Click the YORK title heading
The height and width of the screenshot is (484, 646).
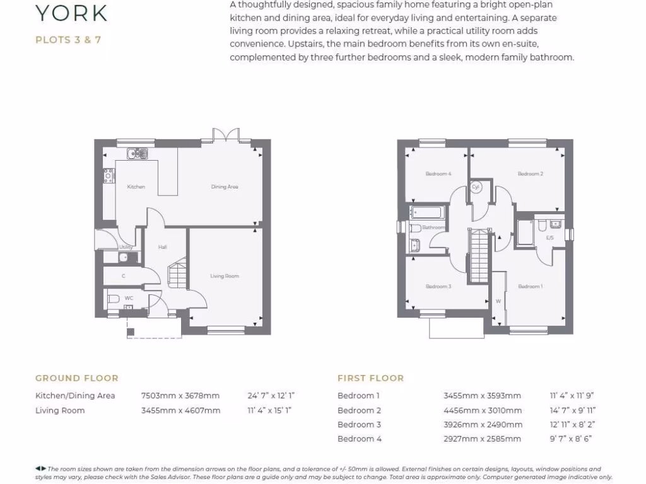tap(71, 13)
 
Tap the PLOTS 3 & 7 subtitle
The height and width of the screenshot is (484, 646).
tap(68, 40)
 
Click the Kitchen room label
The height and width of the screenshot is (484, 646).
tap(136, 187)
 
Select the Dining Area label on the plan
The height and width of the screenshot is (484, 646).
tap(224, 187)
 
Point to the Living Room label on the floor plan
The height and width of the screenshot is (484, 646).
tap(224, 276)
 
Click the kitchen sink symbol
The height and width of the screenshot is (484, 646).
tap(137, 153)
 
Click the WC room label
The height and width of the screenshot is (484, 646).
tap(129, 297)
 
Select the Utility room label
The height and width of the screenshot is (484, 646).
tap(126, 247)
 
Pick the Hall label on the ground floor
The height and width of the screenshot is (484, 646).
tap(162, 247)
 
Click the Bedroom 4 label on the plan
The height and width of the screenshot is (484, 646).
tap(438, 174)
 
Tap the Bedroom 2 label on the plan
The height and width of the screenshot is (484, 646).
tap(530, 174)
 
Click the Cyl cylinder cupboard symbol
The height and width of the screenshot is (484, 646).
tap(476, 187)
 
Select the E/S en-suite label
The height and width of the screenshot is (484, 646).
tap(549, 238)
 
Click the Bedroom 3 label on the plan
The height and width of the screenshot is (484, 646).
tap(438, 287)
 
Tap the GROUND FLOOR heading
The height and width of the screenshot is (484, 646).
tap(76, 378)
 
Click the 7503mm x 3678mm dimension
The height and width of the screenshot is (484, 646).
tap(180, 396)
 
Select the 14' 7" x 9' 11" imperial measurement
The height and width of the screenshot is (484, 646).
tap(572, 410)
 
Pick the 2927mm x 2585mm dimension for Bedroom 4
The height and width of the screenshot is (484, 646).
tap(482, 439)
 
